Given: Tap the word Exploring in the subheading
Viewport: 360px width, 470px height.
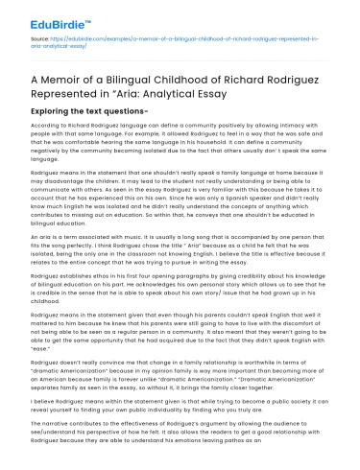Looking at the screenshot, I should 60,114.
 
